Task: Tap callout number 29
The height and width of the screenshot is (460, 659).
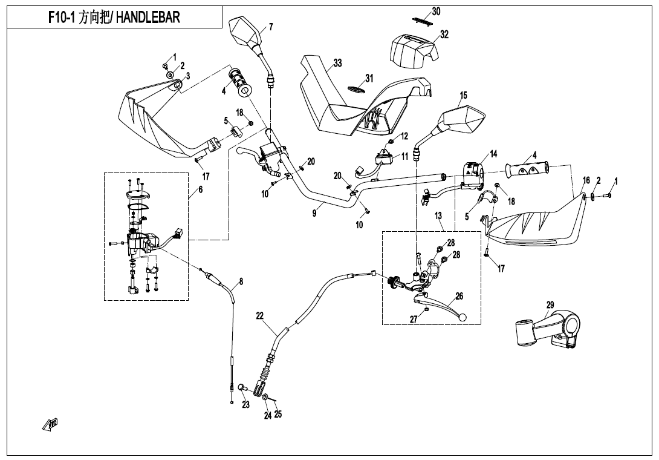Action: click(550, 304)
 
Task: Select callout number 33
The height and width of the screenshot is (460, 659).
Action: click(338, 64)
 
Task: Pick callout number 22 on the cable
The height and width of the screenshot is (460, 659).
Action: click(260, 316)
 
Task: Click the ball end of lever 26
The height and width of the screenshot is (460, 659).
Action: click(463, 317)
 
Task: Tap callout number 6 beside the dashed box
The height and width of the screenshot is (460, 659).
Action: click(200, 189)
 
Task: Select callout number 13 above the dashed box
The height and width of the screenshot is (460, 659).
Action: click(438, 216)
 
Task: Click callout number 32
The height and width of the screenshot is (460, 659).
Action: click(444, 34)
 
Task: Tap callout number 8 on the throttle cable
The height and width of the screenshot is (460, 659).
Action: click(241, 281)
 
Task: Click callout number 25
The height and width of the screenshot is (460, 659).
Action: click(278, 414)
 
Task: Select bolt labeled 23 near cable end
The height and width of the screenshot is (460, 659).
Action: click(241, 387)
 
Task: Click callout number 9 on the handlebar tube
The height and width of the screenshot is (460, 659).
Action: click(314, 213)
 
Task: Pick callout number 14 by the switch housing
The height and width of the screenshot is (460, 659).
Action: click(493, 154)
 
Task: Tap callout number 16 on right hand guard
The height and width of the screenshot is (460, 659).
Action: click(586, 181)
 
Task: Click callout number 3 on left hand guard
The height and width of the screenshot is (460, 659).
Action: click(188, 76)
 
